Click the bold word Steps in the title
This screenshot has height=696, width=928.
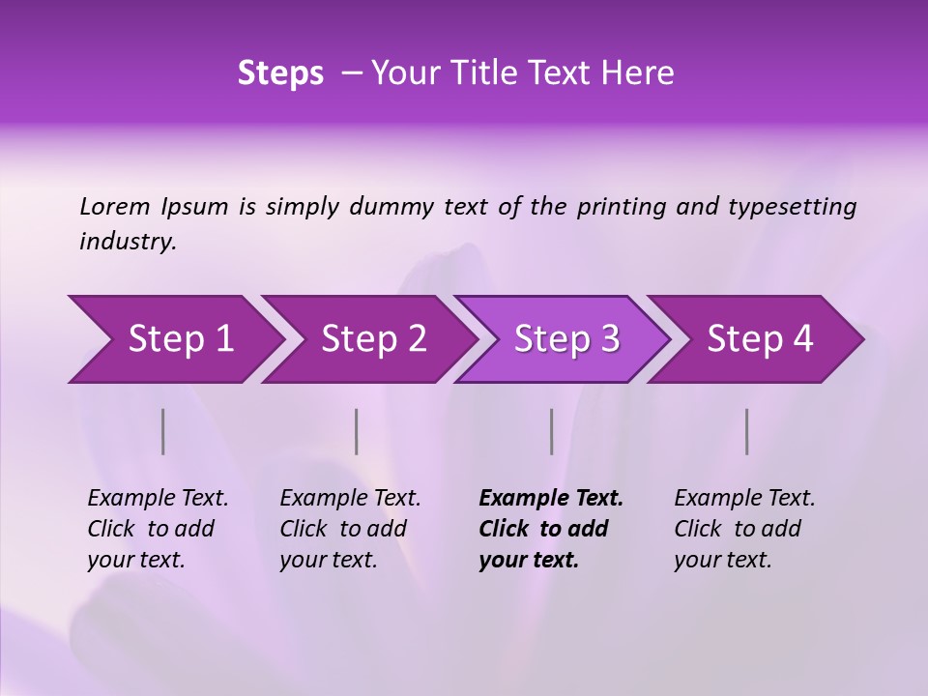tap(280, 73)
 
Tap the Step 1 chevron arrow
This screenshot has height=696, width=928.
tap(174, 339)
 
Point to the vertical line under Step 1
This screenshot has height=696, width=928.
tap(163, 431)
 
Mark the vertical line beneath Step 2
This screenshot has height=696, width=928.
tap(357, 431)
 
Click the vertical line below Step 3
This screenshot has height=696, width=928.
tap(551, 431)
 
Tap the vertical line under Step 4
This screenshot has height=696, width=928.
tap(746, 431)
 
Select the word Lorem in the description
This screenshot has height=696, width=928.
tap(115, 206)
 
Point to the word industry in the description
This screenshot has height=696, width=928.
tap(128, 242)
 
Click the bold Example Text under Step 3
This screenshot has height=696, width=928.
tap(551, 499)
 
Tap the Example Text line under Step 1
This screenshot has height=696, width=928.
tap(158, 499)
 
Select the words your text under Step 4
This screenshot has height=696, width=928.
tap(722, 560)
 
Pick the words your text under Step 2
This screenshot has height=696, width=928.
tap(328, 560)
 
